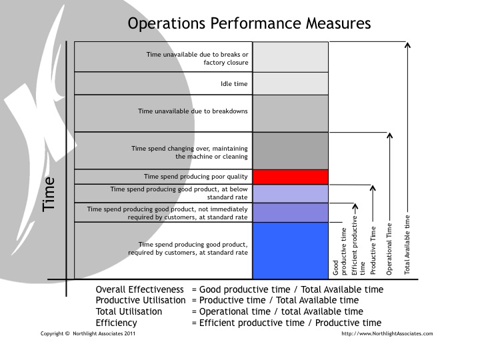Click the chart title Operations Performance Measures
click(x=249, y=24)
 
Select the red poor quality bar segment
click(x=290, y=177)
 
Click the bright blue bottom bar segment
click(x=290, y=250)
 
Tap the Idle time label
click(x=234, y=84)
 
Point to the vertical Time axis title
click(x=49, y=194)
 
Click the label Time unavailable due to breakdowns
click(x=193, y=111)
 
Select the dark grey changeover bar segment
click(x=290, y=150)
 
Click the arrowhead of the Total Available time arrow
click(x=408, y=45)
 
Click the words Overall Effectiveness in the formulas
click(x=139, y=290)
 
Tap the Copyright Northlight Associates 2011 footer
click(x=88, y=334)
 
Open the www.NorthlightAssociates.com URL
click(x=387, y=334)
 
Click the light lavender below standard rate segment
click(x=290, y=193)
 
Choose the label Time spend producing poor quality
click(x=196, y=177)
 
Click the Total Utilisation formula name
click(x=129, y=312)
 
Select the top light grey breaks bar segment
click(x=290, y=57)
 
